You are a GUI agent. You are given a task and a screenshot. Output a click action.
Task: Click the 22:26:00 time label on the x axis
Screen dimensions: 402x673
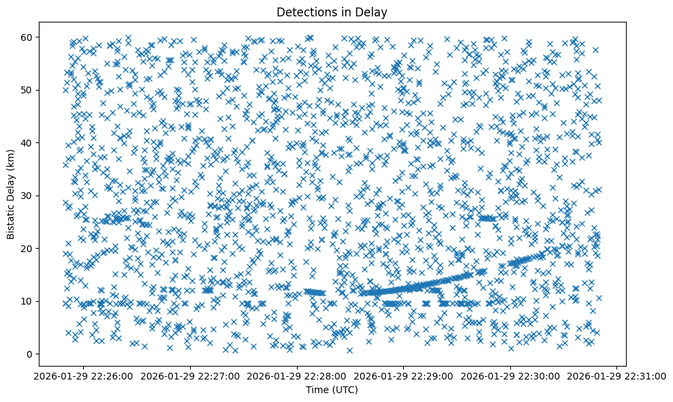click(x=84, y=375)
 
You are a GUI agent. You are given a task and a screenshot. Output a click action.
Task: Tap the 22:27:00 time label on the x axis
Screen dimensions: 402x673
click(x=191, y=375)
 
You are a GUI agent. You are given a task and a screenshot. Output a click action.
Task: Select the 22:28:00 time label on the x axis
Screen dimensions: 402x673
click(x=298, y=375)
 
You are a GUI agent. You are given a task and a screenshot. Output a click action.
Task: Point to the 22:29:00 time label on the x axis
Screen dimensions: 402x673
click(x=404, y=375)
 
